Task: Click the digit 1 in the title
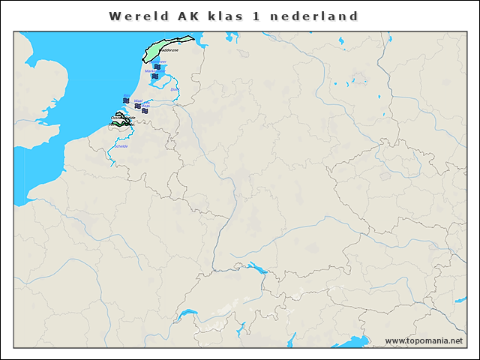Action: [x=264, y=16]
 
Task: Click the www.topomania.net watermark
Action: [x=423, y=340]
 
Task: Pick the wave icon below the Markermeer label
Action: [x=154, y=76]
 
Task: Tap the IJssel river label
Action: [x=175, y=90]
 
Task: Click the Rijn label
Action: [x=126, y=96]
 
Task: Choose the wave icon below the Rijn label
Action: [x=126, y=101]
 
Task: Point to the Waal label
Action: [x=138, y=100]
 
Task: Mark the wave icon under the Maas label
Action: [x=145, y=111]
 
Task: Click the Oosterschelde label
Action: [x=123, y=118]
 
